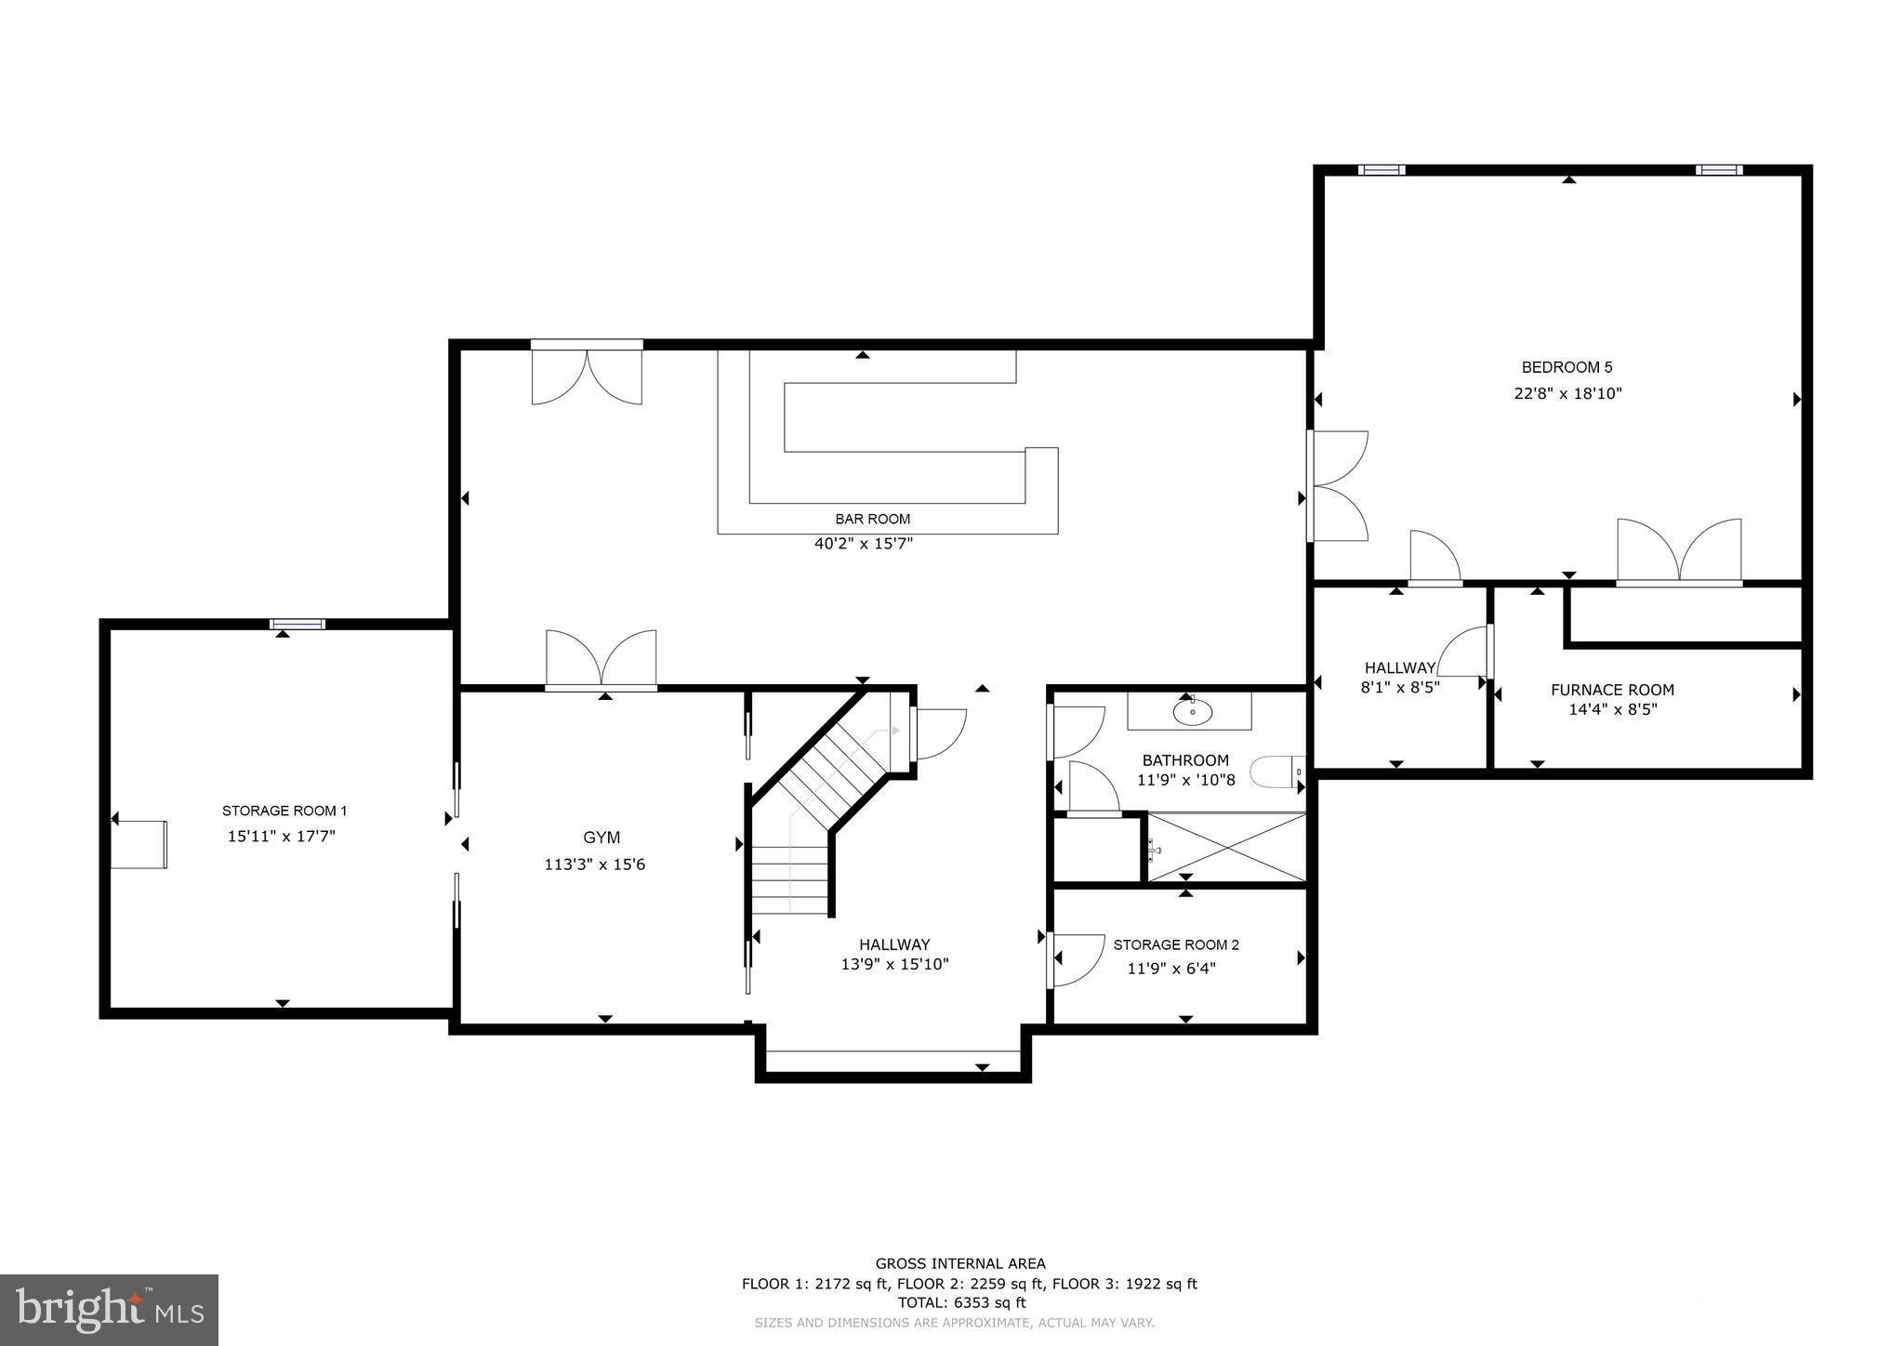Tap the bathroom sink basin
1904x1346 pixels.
pos(1192,713)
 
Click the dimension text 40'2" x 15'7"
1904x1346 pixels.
pos(864,544)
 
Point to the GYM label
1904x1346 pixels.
pos(602,838)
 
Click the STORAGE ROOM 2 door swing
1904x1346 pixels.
pos(1076,960)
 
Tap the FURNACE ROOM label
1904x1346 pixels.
pos(1612,690)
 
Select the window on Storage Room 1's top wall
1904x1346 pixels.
pos(297,625)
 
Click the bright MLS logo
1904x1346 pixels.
pos(109,1310)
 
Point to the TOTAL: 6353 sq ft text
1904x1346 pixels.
pos(961,1302)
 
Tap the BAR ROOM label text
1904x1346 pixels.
pos(872,520)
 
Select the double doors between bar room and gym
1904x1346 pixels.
pos(602,660)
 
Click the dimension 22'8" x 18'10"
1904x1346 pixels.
pos(1567,393)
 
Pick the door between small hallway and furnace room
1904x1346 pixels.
pos(1467,652)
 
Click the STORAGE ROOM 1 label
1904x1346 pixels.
pos(284,811)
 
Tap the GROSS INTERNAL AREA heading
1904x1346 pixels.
pos(960,1263)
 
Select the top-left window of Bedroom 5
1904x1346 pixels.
pos(1381,170)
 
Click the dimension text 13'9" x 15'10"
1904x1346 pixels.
pos(894,965)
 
